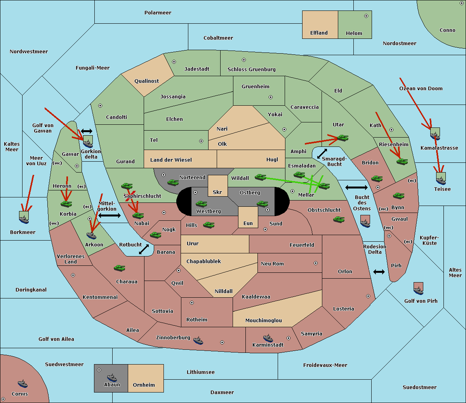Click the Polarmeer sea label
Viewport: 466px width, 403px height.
click(158, 13)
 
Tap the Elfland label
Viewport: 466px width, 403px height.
click(319, 33)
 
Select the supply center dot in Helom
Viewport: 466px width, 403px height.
click(366, 16)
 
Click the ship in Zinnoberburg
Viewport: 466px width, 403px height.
click(198, 340)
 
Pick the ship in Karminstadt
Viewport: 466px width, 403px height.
click(268, 338)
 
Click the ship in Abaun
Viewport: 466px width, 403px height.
click(112, 377)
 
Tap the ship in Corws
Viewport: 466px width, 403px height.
click(23, 384)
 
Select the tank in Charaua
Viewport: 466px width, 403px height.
click(120, 268)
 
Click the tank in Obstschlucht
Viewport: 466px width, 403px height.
click(339, 219)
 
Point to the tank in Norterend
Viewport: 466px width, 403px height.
click(173, 182)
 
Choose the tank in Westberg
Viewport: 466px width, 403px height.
click(201, 204)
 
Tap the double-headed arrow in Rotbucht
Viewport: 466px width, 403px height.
click(144, 249)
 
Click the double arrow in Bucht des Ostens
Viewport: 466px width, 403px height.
click(356, 187)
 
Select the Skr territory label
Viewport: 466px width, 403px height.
click(217, 192)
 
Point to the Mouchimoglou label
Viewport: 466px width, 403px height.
click(264, 320)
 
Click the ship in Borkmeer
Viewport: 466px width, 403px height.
click(24, 217)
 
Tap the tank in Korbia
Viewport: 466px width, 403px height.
click(66, 204)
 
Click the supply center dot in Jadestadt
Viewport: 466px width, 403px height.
click(174, 62)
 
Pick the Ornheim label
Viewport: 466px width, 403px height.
click(144, 385)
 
